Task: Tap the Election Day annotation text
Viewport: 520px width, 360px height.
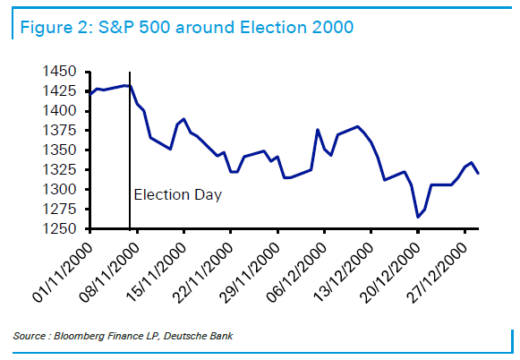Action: (176, 193)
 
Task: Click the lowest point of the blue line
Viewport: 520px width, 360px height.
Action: (417, 217)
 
